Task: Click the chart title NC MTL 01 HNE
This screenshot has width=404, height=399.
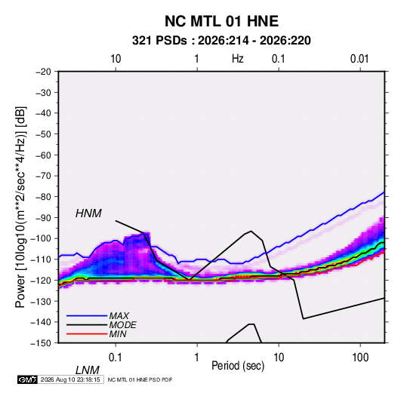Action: pyautogui.click(x=221, y=21)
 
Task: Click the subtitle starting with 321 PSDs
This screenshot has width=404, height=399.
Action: pyautogui.click(x=221, y=41)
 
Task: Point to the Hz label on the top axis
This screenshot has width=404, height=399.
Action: pyautogui.click(x=237, y=59)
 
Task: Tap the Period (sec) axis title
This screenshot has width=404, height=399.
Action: pyautogui.click(x=238, y=365)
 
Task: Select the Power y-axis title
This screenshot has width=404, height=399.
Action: pyautogui.click(x=20, y=207)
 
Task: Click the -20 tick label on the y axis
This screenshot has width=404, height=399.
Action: pyautogui.click(x=43, y=72)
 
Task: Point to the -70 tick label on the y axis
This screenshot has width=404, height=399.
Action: pyautogui.click(x=43, y=176)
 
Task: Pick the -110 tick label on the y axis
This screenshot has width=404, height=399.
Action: pyautogui.click(x=41, y=259)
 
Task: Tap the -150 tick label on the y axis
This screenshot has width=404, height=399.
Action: pyautogui.click(x=41, y=343)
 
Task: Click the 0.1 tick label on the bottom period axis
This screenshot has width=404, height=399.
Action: pyautogui.click(x=115, y=358)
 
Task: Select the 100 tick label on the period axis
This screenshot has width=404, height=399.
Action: pyautogui.click(x=360, y=358)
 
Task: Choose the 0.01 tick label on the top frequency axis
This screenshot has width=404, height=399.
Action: pyautogui.click(x=359, y=59)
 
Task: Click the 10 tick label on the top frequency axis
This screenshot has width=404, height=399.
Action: pyautogui.click(x=116, y=59)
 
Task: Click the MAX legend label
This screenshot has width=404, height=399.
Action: pyautogui.click(x=119, y=315)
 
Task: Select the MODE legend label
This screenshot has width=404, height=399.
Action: pyautogui.click(x=122, y=325)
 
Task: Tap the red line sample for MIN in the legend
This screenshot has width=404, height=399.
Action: pyautogui.click(x=87, y=334)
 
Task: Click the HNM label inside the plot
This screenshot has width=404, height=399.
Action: pyautogui.click(x=88, y=213)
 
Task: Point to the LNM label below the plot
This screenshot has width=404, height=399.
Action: pyautogui.click(x=87, y=370)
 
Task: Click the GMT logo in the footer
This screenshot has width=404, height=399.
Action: pyautogui.click(x=28, y=379)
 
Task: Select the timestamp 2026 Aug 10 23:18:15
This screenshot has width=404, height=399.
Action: pyautogui.click(x=70, y=379)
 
